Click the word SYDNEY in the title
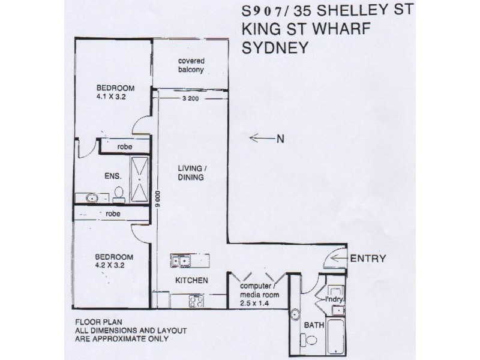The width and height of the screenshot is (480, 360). [x=275, y=48]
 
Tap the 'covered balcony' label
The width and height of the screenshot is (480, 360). [x=189, y=66]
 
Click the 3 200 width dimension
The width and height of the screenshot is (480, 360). [x=189, y=100]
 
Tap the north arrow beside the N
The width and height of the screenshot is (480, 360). [x=262, y=139]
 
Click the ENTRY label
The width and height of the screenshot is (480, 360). [x=367, y=259]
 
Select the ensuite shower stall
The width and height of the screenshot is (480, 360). [x=139, y=176]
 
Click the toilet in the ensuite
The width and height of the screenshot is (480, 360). [x=119, y=193]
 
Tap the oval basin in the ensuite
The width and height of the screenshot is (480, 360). [x=91, y=197]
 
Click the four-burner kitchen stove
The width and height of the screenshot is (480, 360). [x=196, y=299]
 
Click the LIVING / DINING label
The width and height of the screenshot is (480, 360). [x=192, y=173]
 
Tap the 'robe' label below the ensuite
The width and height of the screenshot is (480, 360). [x=111, y=213]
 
